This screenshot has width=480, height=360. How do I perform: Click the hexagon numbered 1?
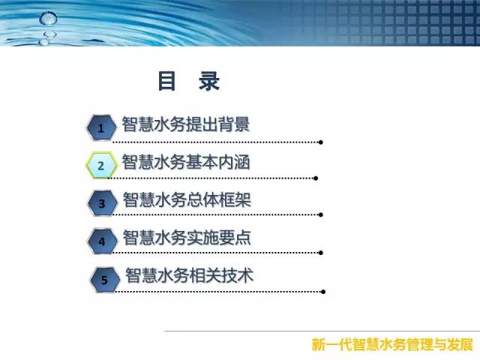(x=101, y=127)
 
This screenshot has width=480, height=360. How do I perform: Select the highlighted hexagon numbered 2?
(x=101, y=165)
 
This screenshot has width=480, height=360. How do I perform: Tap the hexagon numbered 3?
(x=102, y=203)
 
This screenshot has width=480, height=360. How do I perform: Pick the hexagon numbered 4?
(x=102, y=241)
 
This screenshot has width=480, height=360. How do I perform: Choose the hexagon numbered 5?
(x=105, y=280)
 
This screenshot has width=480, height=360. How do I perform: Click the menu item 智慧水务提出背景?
(x=186, y=124)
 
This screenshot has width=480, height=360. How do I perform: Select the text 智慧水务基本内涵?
(x=186, y=162)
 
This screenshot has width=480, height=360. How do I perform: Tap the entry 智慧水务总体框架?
(x=187, y=199)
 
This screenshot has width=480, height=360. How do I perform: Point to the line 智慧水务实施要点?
(x=187, y=238)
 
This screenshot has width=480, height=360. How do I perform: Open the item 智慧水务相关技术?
(x=189, y=275)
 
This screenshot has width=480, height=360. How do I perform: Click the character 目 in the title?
(x=166, y=81)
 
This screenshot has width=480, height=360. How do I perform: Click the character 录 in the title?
(x=209, y=81)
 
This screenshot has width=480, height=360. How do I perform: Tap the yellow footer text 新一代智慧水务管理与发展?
(x=392, y=345)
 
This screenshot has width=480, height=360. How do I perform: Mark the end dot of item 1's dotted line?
(x=321, y=142)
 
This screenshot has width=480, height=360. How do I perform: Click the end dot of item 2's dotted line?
(x=316, y=178)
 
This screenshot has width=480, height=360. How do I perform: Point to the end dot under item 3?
(x=321, y=215)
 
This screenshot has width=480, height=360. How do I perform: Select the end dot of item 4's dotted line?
(x=321, y=253)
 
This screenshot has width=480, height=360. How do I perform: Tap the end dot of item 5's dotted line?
(x=323, y=292)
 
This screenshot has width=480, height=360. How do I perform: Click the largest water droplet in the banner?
(x=48, y=18)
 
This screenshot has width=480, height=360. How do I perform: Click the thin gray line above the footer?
(x=322, y=331)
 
